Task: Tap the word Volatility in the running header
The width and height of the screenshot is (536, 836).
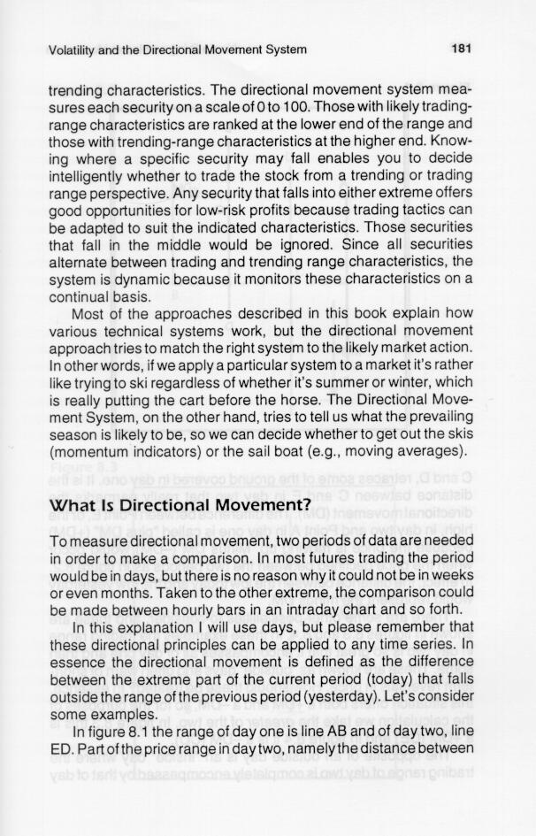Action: click(74, 50)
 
